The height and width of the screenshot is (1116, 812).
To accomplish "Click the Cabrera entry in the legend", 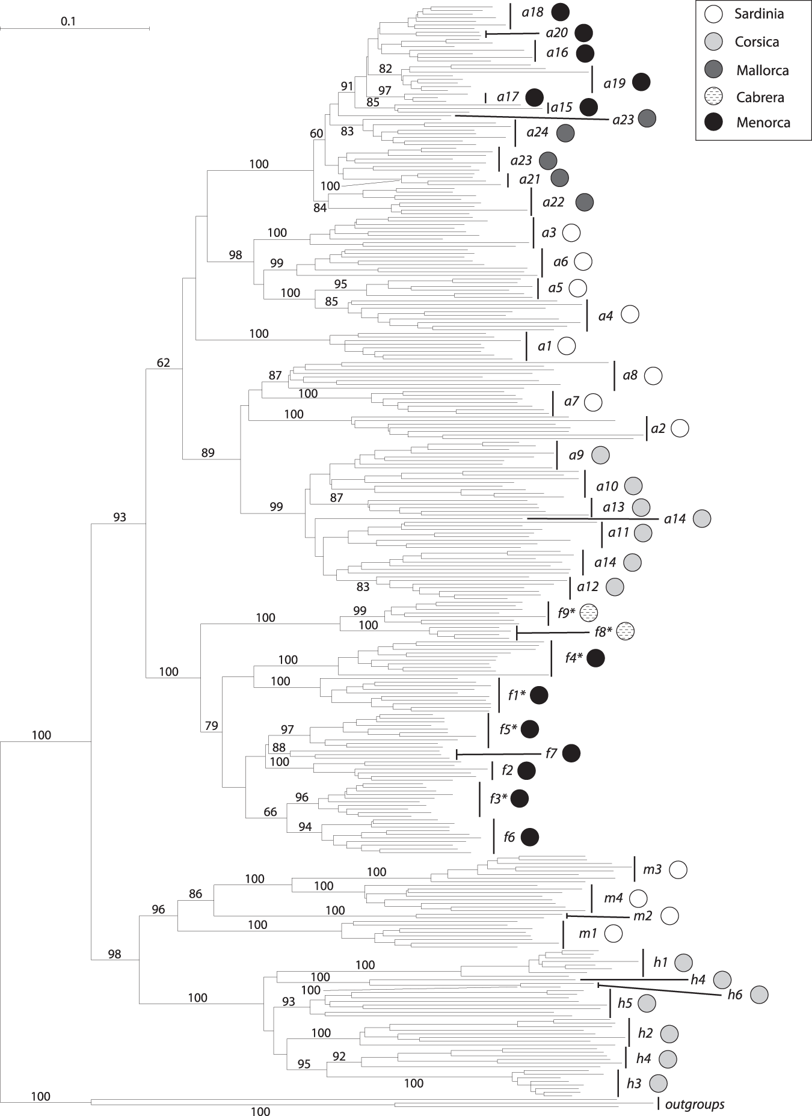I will (x=760, y=97).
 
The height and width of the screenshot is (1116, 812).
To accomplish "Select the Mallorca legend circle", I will (x=713, y=70).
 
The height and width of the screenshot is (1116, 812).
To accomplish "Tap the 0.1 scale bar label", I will (x=69, y=22).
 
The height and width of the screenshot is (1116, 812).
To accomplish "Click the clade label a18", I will (x=532, y=12).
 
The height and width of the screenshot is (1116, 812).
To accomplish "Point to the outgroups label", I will (x=695, y=1104).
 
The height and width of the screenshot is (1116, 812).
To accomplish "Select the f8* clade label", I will (x=603, y=631).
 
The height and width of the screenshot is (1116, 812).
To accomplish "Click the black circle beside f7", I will (x=571, y=753).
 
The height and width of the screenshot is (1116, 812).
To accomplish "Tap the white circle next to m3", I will (x=678, y=869).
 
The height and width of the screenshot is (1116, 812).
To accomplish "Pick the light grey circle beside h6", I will (x=760, y=995).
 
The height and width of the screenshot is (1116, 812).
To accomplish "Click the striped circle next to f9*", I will (x=589, y=613).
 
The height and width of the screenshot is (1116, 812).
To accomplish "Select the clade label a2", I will (x=658, y=429).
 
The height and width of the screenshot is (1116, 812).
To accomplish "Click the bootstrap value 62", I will (x=164, y=363).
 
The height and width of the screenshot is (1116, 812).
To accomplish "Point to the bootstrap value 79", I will (x=212, y=726).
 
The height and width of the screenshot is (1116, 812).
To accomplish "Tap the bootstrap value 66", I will (x=271, y=812).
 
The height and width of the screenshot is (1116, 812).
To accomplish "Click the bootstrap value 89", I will (x=208, y=453).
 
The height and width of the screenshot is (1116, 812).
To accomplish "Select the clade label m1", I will (x=588, y=934).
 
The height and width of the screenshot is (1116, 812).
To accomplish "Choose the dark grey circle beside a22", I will (x=585, y=203).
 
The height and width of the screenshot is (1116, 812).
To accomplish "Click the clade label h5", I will (x=625, y=1003).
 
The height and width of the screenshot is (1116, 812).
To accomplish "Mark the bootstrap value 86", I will (x=195, y=894).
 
